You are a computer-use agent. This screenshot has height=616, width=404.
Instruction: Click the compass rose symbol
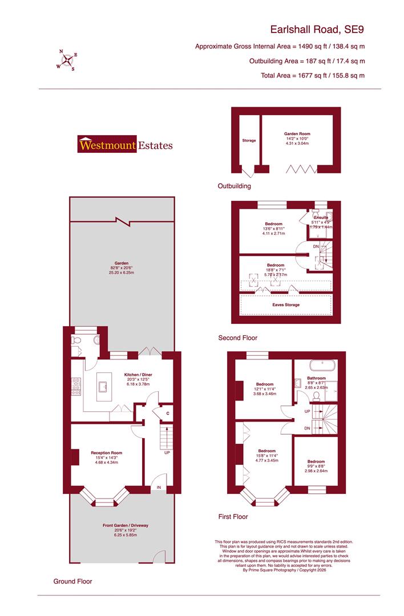click(67, 59)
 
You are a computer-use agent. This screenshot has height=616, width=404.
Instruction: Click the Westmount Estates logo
click(125, 145)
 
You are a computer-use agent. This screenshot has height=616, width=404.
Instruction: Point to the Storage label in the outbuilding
click(249, 140)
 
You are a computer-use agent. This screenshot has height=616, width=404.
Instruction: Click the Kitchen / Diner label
click(140, 375)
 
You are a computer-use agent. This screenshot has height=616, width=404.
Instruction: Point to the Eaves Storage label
click(285, 305)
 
